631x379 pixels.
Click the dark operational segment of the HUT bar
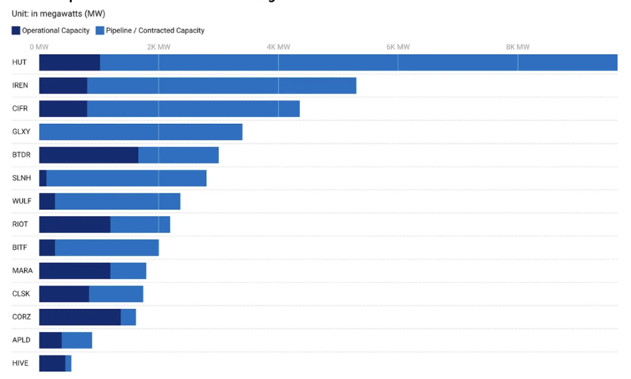click(x=69, y=63)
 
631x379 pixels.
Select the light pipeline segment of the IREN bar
click(x=221, y=85)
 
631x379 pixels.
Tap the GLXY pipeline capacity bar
click(x=141, y=132)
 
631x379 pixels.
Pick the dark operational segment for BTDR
click(x=88, y=155)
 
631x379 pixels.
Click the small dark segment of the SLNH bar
click(x=43, y=178)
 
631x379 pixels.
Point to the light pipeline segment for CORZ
click(x=128, y=317)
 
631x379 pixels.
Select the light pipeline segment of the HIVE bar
click(x=68, y=363)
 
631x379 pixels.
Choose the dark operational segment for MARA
click(x=74, y=270)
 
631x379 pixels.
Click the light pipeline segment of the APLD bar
click(x=77, y=340)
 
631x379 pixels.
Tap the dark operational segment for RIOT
click(x=74, y=224)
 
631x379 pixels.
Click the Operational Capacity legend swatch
click(x=16, y=30)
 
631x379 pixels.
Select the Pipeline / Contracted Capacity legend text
click(x=155, y=30)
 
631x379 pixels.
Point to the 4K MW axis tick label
click(x=278, y=47)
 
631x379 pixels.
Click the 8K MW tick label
click(x=517, y=47)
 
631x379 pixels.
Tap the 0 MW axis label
click(x=39, y=47)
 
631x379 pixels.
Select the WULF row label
click(x=21, y=201)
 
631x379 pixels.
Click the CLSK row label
click(x=21, y=294)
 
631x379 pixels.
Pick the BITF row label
click(x=20, y=247)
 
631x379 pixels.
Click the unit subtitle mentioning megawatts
click(x=58, y=14)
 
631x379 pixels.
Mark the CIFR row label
click(x=20, y=109)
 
